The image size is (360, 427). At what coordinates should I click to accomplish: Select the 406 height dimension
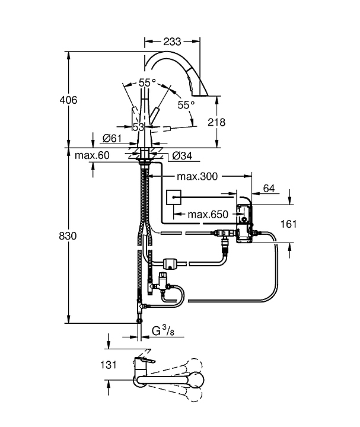point(69,100)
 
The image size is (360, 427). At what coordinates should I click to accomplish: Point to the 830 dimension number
point(69,235)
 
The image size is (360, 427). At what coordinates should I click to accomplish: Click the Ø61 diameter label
point(112,138)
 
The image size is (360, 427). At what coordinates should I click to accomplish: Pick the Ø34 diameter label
point(183,156)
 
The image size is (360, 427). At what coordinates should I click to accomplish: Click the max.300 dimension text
point(198,176)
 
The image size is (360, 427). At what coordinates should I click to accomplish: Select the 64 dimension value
point(269,189)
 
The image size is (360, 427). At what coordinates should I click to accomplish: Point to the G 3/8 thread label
point(163,329)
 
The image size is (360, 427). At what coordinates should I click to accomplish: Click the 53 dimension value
point(139,128)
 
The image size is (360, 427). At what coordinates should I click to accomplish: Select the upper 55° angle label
point(147,83)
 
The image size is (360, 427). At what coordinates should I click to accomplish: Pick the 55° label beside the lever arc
point(186,104)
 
